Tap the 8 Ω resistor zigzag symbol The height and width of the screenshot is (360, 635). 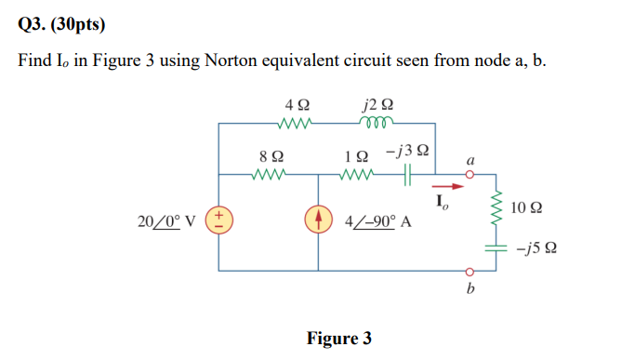[271, 173]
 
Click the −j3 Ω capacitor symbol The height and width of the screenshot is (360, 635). [406, 173]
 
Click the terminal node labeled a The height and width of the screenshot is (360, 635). [470, 173]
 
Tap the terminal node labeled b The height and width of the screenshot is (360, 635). [470, 273]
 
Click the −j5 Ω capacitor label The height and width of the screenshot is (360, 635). [538, 248]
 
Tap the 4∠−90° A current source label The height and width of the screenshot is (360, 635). [378, 223]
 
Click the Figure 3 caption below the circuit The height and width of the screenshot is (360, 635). [339, 338]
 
